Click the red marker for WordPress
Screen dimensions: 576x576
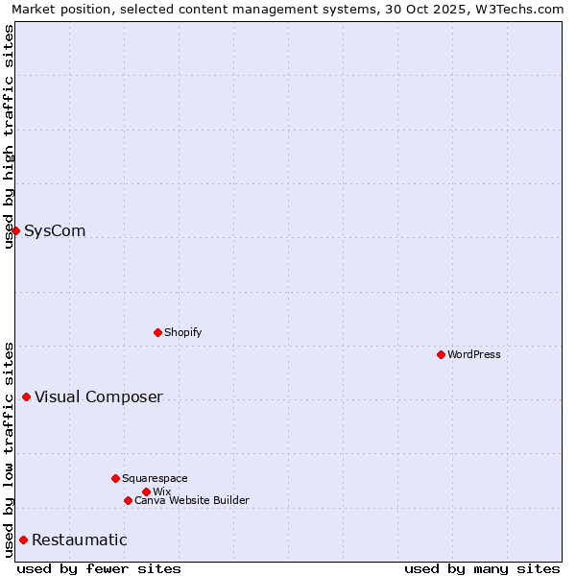tap(441, 354)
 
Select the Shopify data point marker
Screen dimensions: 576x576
tap(157, 332)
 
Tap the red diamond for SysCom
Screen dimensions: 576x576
tap(15, 230)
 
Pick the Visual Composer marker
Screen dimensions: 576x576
tap(26, 396)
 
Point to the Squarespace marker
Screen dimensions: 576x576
tap(115, 478)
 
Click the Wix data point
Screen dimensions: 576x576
tap(146, 492)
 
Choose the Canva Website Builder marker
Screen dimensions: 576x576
tap(128, 500)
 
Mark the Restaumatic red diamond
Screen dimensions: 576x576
tap(23, 540)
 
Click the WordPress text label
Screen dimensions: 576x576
tap(474, 354)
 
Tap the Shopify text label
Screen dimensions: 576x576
tap(182, 332)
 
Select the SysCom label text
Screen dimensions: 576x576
tap(55, 230)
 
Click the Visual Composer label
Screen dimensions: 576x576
tap(99, 396)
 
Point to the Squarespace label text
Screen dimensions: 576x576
tap(155, 478)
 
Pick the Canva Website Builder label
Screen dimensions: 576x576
tap(192, 500)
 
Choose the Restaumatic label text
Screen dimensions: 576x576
tap(79, 540)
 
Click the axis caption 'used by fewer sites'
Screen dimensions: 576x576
tap(99, 568)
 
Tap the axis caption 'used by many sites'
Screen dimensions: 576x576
tap(482, 568)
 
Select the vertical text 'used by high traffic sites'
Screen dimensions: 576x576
tap(9, 136)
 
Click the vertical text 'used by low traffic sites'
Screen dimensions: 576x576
tap(9, 448)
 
